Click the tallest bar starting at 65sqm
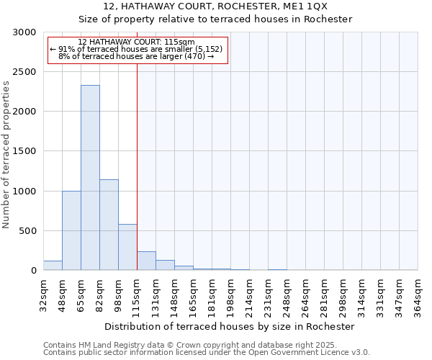[90, 178]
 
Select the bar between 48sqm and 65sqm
[71, 230]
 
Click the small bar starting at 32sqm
[53, 266]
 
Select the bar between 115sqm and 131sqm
[146, 261]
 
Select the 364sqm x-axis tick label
[418, 295]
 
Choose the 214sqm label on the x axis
[249, 295]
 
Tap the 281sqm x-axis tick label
[324, 295]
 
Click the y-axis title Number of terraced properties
[6, 154]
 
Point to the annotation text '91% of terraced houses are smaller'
[137, 49]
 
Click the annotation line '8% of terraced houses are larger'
[137, 56]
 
